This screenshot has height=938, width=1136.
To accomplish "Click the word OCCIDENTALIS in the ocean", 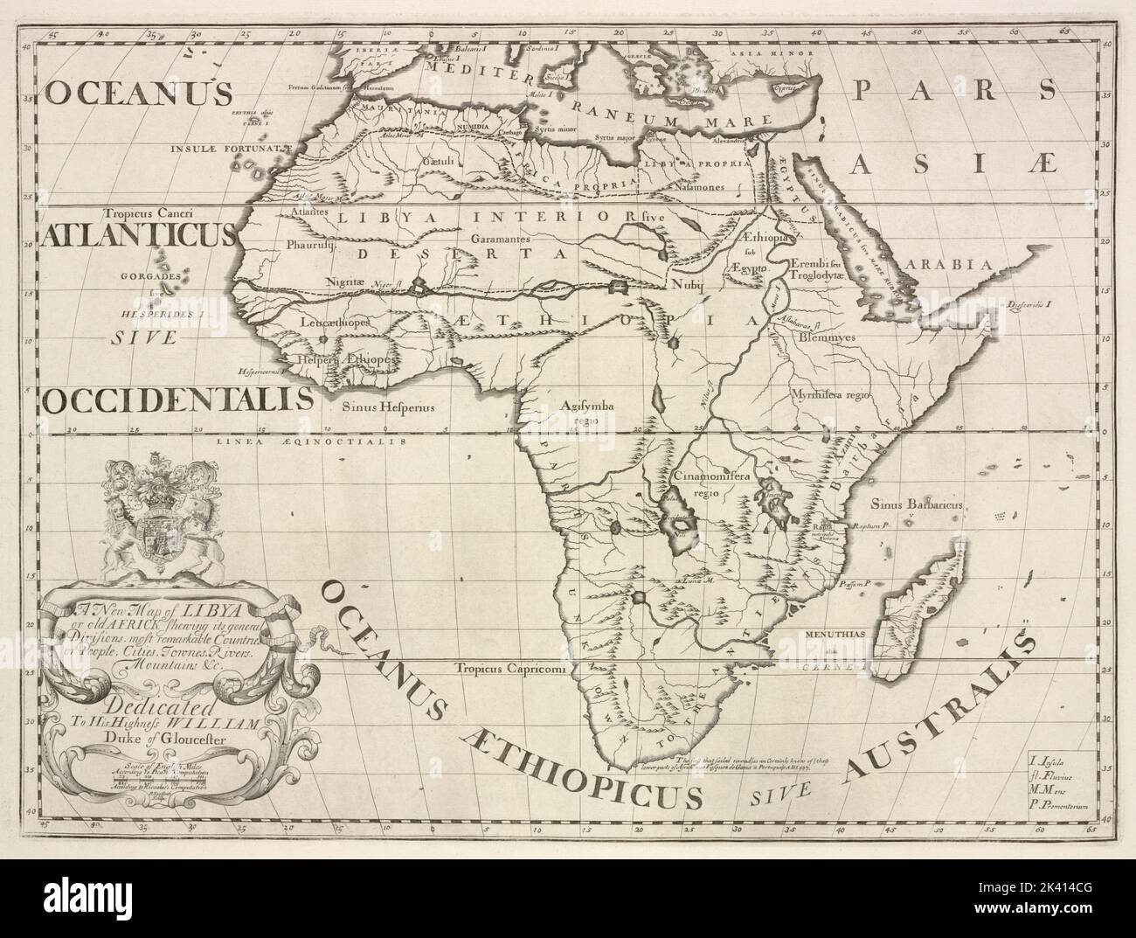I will pyautogui.click(x=177, y=400).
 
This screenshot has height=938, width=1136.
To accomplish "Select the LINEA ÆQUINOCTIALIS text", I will pyautogui.click(x=312, y=442).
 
